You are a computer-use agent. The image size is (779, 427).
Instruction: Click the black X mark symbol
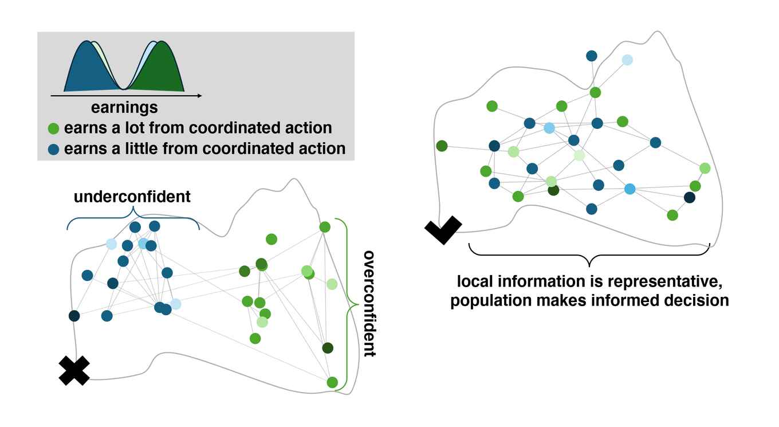point(74,370)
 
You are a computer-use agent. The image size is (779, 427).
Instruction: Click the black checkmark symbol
point(443,230)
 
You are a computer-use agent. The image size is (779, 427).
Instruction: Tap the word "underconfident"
point(132,197)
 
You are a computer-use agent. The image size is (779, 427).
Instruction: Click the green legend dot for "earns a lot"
point(53,128)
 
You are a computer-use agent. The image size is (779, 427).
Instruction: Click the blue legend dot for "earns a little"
point(53,149)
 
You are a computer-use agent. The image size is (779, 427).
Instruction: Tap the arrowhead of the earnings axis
point(199,96)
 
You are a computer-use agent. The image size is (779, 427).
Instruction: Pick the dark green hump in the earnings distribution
point(160,69)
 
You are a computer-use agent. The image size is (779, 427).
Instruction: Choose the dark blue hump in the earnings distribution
point(86,69)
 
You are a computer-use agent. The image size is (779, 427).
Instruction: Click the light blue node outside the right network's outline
point(627,60)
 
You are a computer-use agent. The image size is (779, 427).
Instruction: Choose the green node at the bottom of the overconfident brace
point(332,382)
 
